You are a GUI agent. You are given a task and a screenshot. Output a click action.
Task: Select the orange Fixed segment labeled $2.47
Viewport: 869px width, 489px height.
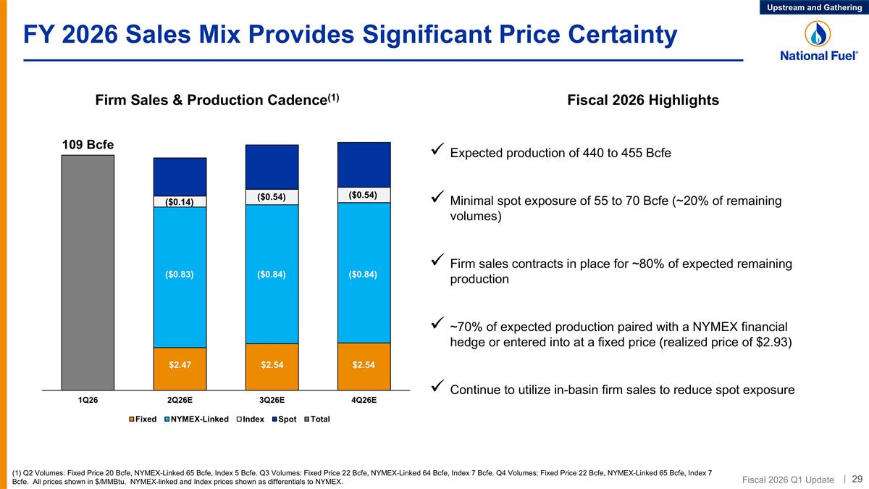[180, 368]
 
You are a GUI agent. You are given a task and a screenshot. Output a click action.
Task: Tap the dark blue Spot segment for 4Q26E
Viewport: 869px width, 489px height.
[364, 164]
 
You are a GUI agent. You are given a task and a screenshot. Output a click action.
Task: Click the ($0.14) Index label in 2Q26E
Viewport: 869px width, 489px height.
[180, 202]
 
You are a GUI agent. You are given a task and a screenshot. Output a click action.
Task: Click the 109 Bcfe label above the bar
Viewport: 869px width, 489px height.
[88, 144]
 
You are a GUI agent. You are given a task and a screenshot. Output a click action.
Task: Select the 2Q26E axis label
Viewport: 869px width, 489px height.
[180, 400]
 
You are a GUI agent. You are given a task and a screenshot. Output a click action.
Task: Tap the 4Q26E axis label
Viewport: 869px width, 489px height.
[364, 400]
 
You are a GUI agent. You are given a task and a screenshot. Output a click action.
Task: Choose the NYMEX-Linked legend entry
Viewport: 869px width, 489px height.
[197, 419]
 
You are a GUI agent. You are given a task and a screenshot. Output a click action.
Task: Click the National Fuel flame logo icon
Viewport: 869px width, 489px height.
[818, 34]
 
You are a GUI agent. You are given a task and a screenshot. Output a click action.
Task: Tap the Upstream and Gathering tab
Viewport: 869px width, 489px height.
[813, 7]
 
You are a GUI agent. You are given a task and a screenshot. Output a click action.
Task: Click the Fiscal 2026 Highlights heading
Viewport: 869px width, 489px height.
[643, 101]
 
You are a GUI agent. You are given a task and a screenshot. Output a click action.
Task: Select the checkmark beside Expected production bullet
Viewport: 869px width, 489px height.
[437, 152]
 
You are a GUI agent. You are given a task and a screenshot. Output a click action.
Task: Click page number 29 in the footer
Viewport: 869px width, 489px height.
[857, 478]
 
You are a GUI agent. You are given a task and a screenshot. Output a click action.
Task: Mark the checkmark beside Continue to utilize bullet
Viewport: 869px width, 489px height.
[437, 389]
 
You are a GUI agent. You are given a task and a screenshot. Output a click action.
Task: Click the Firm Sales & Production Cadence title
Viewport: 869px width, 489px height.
[217, 101]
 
